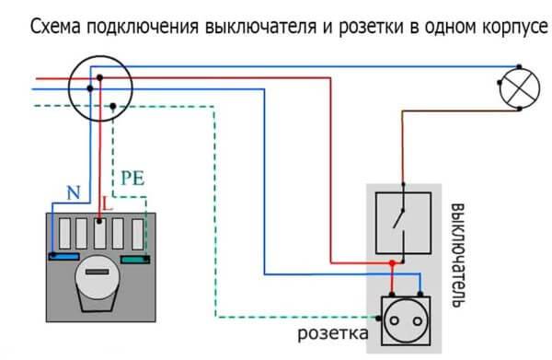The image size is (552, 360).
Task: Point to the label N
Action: [73, 192]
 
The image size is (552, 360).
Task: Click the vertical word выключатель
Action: [457, 253]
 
